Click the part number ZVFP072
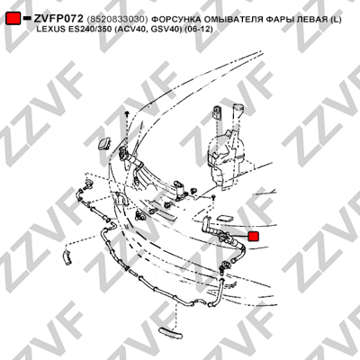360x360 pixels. [58, 19]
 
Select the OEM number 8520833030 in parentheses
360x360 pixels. [117, 20]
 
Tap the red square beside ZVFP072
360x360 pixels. [13, 18]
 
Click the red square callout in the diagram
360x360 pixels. [254, 236]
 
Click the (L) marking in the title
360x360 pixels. [336, 20]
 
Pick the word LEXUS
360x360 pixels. [49, 30]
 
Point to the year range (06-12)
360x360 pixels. [197, 30]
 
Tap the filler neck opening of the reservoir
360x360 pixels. [238, 105]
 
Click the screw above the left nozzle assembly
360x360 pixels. [127, 113]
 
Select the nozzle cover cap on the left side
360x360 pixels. [103, 143]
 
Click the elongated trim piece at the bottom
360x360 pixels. [170, 333]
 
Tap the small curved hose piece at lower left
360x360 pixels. [67, 257]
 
